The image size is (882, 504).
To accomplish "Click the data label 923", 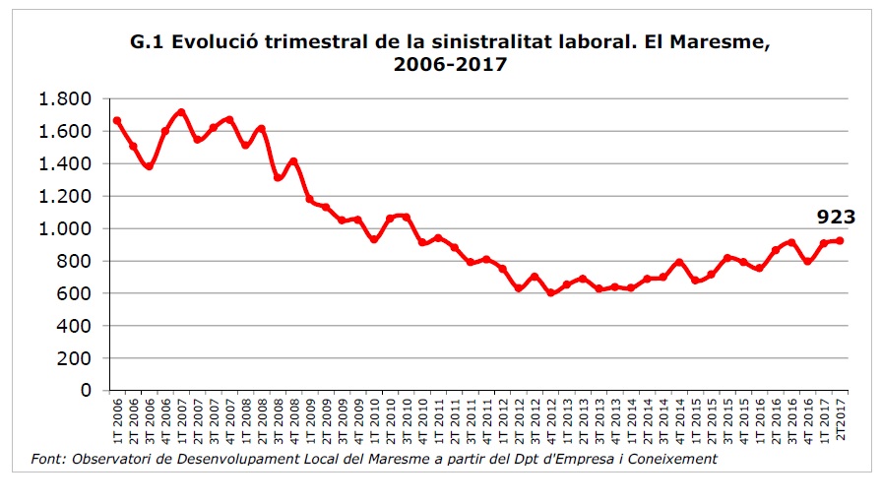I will (835, 218).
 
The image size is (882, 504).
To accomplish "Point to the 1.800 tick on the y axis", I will (64, 99).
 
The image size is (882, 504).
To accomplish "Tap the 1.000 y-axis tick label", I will (64, 228).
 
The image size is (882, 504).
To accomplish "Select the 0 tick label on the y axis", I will (86, 391).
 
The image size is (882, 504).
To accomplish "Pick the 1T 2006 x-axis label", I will (117, 421).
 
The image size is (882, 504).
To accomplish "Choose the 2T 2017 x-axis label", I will (840, 421).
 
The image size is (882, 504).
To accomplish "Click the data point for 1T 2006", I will (117, 121).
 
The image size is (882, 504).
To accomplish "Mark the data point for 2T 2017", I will (840, 240).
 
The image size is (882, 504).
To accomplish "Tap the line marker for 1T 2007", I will (181, 112).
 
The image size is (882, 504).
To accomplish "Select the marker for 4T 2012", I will (550, 292).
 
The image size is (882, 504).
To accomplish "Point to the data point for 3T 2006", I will (149, 166).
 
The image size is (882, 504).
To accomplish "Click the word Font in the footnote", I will (45, 459).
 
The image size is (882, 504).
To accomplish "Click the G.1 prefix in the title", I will (148, 43).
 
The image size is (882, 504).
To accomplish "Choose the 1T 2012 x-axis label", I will (502, 421).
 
